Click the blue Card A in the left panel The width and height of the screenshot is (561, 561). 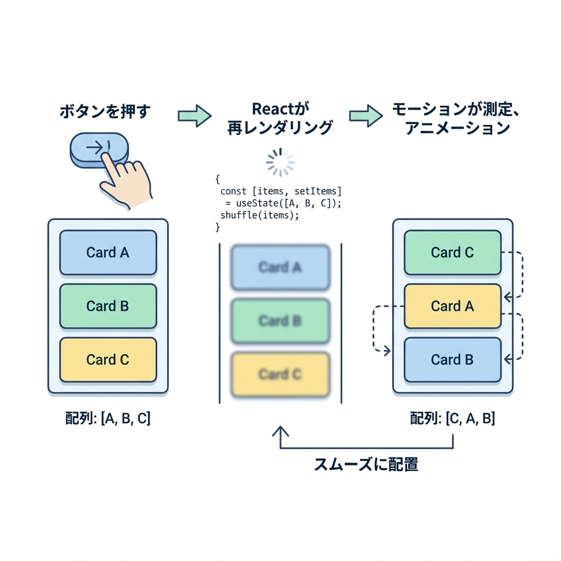click(x=108, y=253)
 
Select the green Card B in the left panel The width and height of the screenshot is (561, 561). click(x=108, y=306)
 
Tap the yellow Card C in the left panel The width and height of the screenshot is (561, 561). click(x=108, y=360)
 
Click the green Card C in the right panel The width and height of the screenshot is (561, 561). click(x=453, y=253)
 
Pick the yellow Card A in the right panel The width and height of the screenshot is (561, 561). click(x=453, y=306)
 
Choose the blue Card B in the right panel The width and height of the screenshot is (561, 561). click(x=453, y=360)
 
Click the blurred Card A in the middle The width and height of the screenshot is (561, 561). click(x=280, y=267)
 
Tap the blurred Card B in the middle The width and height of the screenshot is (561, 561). click(x=280, y=321)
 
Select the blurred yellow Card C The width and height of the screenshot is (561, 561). click(x=280, y=375)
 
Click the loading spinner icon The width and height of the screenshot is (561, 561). click(x=280, y=162)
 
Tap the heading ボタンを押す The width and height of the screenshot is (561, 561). click(x=104, y=112)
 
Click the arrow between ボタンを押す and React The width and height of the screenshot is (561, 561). click(x=194, y=116)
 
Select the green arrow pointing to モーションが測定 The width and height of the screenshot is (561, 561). click(x=365, y=116)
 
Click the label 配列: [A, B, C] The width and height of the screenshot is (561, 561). click(x=108, y=419)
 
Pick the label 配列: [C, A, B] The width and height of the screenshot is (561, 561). click(x=453, y=419)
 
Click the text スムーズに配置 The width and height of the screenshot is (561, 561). click(x=366, y=465)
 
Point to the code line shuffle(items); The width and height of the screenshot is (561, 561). click(x=260, y=215)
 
